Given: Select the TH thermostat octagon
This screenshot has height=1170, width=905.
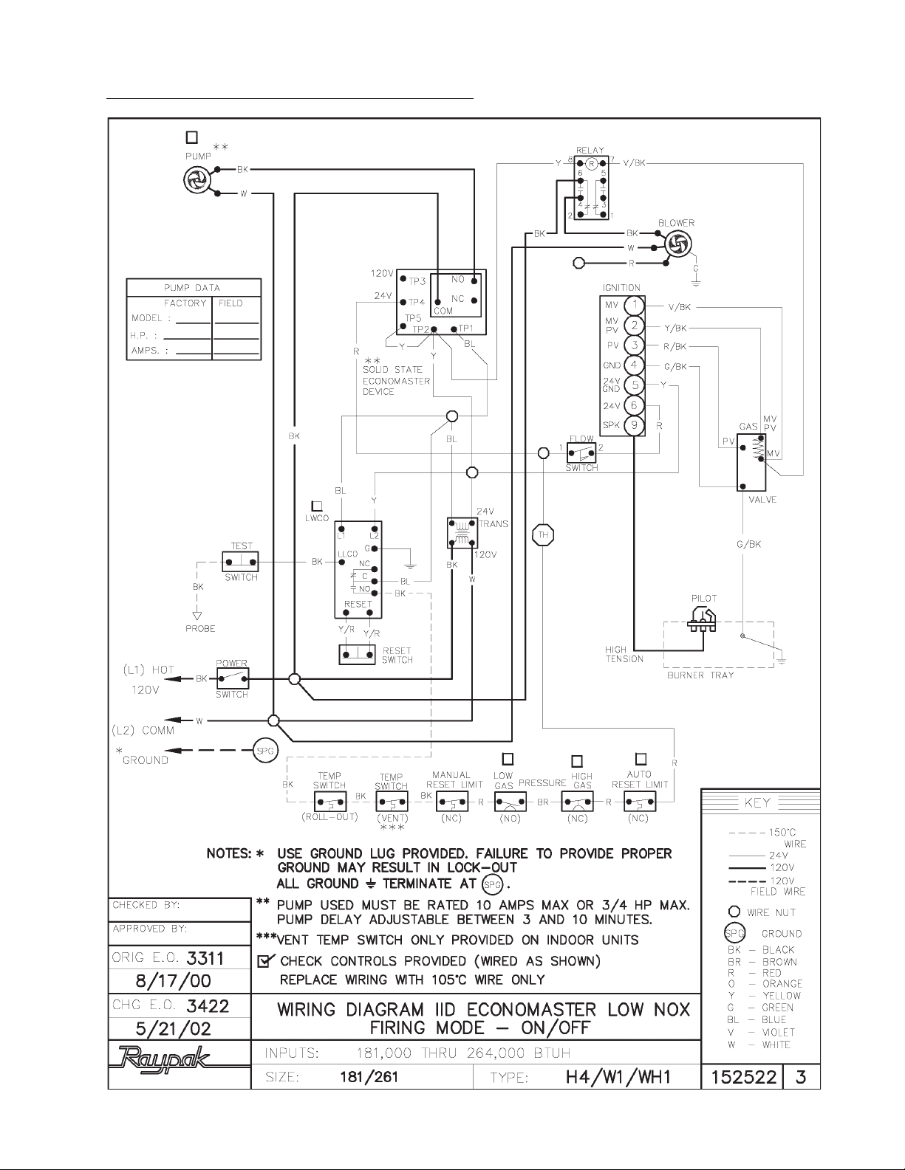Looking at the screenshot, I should [543, 535].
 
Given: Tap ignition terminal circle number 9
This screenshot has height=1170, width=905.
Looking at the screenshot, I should [634, 426].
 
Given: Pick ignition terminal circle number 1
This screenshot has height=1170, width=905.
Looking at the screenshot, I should [634, 306].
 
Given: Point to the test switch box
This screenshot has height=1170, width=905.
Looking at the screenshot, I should [241, 561].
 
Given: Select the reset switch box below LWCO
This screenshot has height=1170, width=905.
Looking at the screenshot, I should [358, 654].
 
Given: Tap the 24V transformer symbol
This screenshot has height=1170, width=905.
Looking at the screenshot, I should [461, 532].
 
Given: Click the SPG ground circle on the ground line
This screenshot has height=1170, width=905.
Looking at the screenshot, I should [264, 750].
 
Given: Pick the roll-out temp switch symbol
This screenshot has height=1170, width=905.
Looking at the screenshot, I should [329, 802].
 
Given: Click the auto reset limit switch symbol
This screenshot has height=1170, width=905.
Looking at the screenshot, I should [640, 802].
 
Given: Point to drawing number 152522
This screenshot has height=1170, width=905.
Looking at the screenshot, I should [740, 1077].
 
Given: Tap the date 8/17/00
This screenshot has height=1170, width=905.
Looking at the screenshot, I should [180, 981].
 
